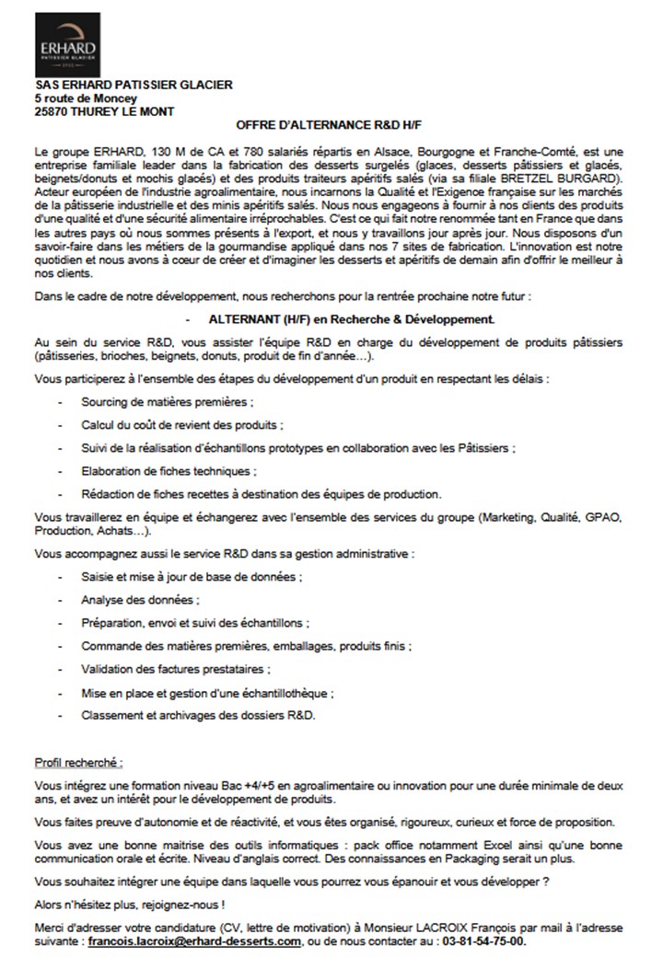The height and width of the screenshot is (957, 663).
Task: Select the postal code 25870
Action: click(51, 111)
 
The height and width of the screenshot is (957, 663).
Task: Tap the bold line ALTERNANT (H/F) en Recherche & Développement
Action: click(352, 319)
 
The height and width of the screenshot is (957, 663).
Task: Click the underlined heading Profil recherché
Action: click(78, 763)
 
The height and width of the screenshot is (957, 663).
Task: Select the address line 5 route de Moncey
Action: click(85, 98)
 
